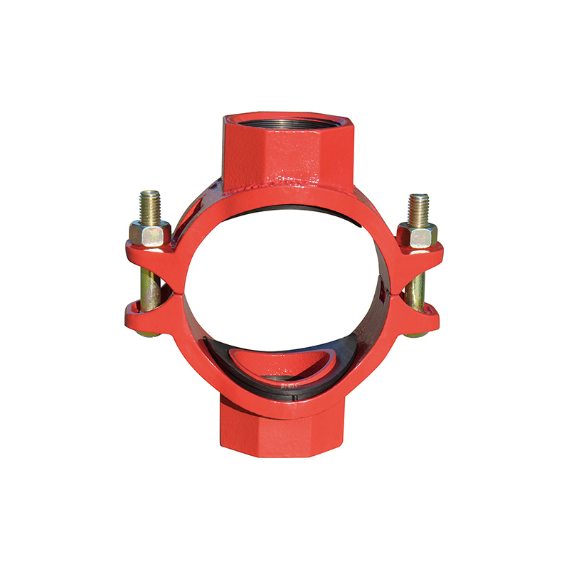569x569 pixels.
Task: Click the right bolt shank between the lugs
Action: click(x=416, y=282)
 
